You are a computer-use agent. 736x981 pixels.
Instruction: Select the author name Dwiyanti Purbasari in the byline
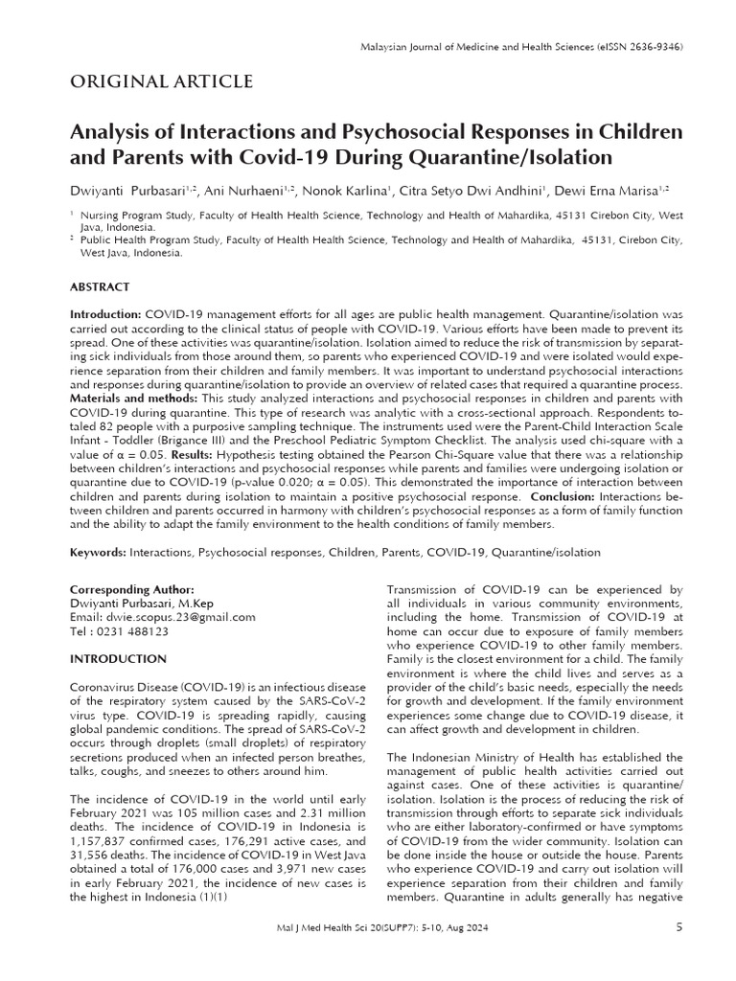click(x=127, y=191)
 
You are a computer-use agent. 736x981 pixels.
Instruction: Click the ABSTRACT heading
click(x=100, y=286)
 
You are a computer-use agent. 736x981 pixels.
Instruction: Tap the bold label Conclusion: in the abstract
click(x=563, y=497)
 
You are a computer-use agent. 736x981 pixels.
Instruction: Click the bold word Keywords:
click(x=99, y=553)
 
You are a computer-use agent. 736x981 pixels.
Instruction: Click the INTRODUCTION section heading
click(x=119, y=659)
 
